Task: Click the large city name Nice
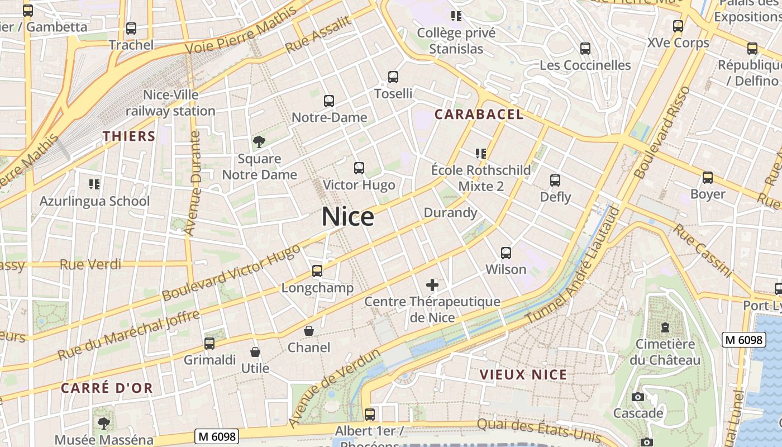pos(347,217)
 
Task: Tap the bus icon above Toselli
pos(393,77)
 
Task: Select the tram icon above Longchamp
pos(317,272)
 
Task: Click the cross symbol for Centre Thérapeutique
pos(432,286)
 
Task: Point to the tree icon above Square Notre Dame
pos(259,142)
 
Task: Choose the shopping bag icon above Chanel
pos(308,331)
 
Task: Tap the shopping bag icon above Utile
pos(255,352)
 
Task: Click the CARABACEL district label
pos(479,115)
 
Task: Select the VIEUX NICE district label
pos(523,374)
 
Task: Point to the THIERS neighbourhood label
pos(128,136)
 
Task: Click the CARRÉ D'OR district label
pos(107,388)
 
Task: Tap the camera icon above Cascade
pos(637,397)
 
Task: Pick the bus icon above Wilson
pos(506,253)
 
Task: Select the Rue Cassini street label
pos(702,250)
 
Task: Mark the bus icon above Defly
pos(555,180)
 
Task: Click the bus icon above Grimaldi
pos(209,344)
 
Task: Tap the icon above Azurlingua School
pos(94,184)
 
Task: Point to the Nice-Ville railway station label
pos(170,103)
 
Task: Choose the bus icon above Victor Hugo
pos(359,168)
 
